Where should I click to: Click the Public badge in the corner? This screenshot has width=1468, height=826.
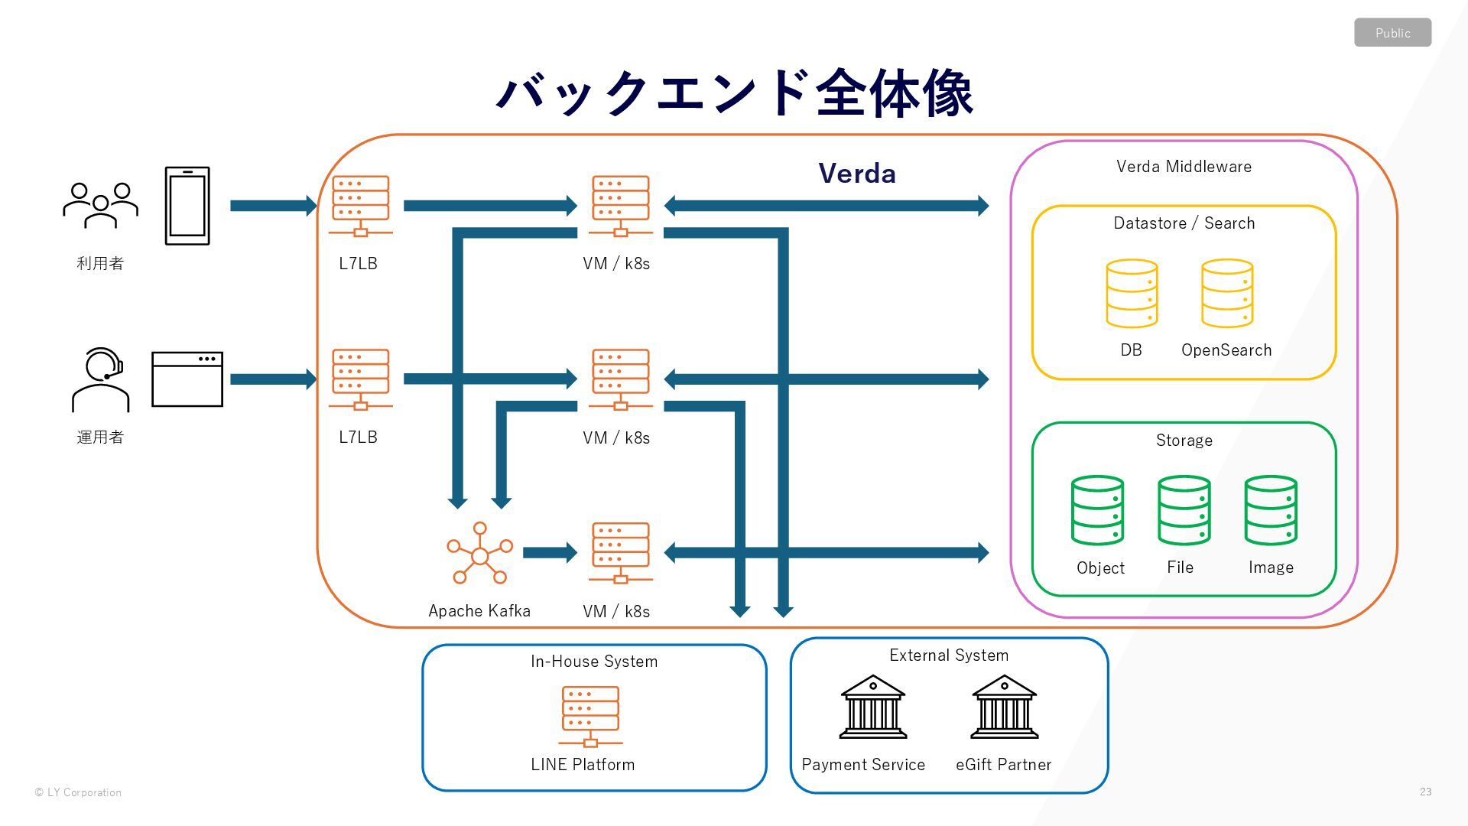[x=1392, y=33]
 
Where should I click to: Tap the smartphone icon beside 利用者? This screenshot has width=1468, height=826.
[x=187, y=206]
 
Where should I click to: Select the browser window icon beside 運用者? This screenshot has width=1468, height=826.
[x=187, y=379]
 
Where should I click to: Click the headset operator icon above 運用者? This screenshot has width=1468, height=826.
[x=101, y=380]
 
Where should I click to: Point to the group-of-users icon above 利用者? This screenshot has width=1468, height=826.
[x=101, y=205]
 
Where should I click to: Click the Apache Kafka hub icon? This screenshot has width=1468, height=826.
[x=480, y=553]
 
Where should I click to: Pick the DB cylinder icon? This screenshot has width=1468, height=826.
[x=1132, y=294]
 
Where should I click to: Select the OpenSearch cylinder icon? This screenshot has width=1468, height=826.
[x=1227, y=294]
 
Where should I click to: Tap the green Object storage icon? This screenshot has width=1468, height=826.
[x=1097, y=510]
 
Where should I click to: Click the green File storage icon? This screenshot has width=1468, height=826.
[x=1184, y=510]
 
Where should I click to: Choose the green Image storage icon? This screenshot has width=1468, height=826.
[x=1271, y=510]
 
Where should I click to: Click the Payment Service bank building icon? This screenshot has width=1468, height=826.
[x=873, y=707]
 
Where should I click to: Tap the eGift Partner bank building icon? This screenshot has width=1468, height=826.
[x=1005, y=707]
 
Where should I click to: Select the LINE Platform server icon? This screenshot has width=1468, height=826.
[x=590, y=717]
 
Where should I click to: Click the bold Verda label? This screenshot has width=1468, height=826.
[x=857, y=174]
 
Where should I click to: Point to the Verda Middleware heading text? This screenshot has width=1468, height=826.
[x=1184, y=167]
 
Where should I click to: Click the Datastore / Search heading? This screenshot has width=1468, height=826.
[x=1184, y=223]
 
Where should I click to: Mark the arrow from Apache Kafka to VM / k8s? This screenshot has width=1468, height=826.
[x=550, y=553]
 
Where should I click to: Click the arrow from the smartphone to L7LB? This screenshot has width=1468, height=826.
[x=274, y=206]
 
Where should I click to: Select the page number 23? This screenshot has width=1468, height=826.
[x=1425, y=792]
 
